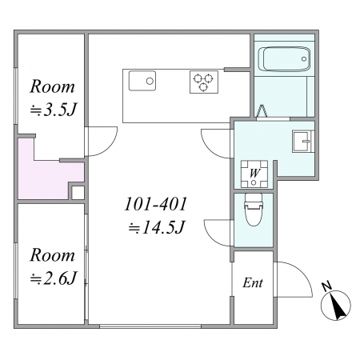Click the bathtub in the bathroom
tap(284, 59)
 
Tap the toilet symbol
tap(254, 210)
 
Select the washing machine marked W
tap(254, 174)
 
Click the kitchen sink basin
tap(142, 81)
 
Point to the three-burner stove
tap(204, 82)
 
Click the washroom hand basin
tap(303, 142)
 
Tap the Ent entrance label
tap(253, 282)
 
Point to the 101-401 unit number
tap(156, 204)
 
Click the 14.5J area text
tap(156, 228)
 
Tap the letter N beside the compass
tap(327, 286)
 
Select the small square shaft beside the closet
tap(78, 193)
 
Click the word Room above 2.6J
tap(52, 255)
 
